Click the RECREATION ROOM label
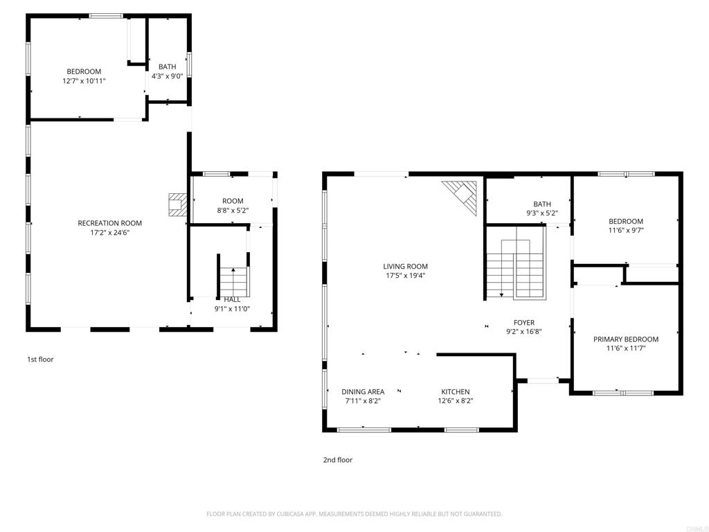(x=110, y=223)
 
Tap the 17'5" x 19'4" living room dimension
(x=405, y=276)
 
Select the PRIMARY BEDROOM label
(x=626, y=339)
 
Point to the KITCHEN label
(x=456, y=392)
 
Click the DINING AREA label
(x=363, y=392)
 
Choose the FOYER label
(x=524, y=323)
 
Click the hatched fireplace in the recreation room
(x=177, y=204)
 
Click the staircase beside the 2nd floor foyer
(x=515, y=263)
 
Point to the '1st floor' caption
(x=40, y=360)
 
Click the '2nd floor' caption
(x=337, y=460)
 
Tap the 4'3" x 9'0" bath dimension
(x=168, y=76)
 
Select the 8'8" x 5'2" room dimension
(x=233, y=211)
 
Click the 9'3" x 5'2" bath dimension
(x=542, y=213)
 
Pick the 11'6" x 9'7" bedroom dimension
(x=626, y=230)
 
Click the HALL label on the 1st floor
(x=233, y=299)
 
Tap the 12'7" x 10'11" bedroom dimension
(x=84, y=81)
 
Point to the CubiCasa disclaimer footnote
(x=354, y=514)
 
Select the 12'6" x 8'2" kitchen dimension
(x=456, y=401)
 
